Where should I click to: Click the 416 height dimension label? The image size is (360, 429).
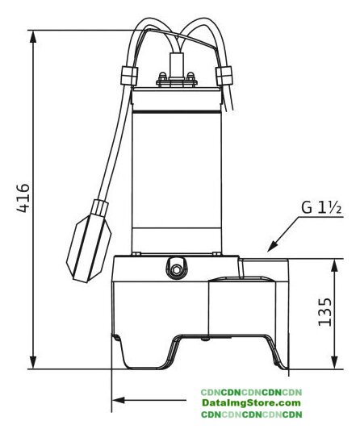(x=23, y=198)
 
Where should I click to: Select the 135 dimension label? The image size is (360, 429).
(x=325, y=311)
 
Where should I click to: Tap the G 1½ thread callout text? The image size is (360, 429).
(x=322, y=207)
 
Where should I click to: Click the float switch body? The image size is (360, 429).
(x=88, y=247)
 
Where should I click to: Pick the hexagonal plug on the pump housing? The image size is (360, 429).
(x=176, y=270)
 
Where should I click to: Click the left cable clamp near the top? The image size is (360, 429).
(x=128, y=76)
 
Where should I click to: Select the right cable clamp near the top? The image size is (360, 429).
(x=224, y=76)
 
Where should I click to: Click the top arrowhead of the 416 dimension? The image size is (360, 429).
(x=33, y=36)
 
